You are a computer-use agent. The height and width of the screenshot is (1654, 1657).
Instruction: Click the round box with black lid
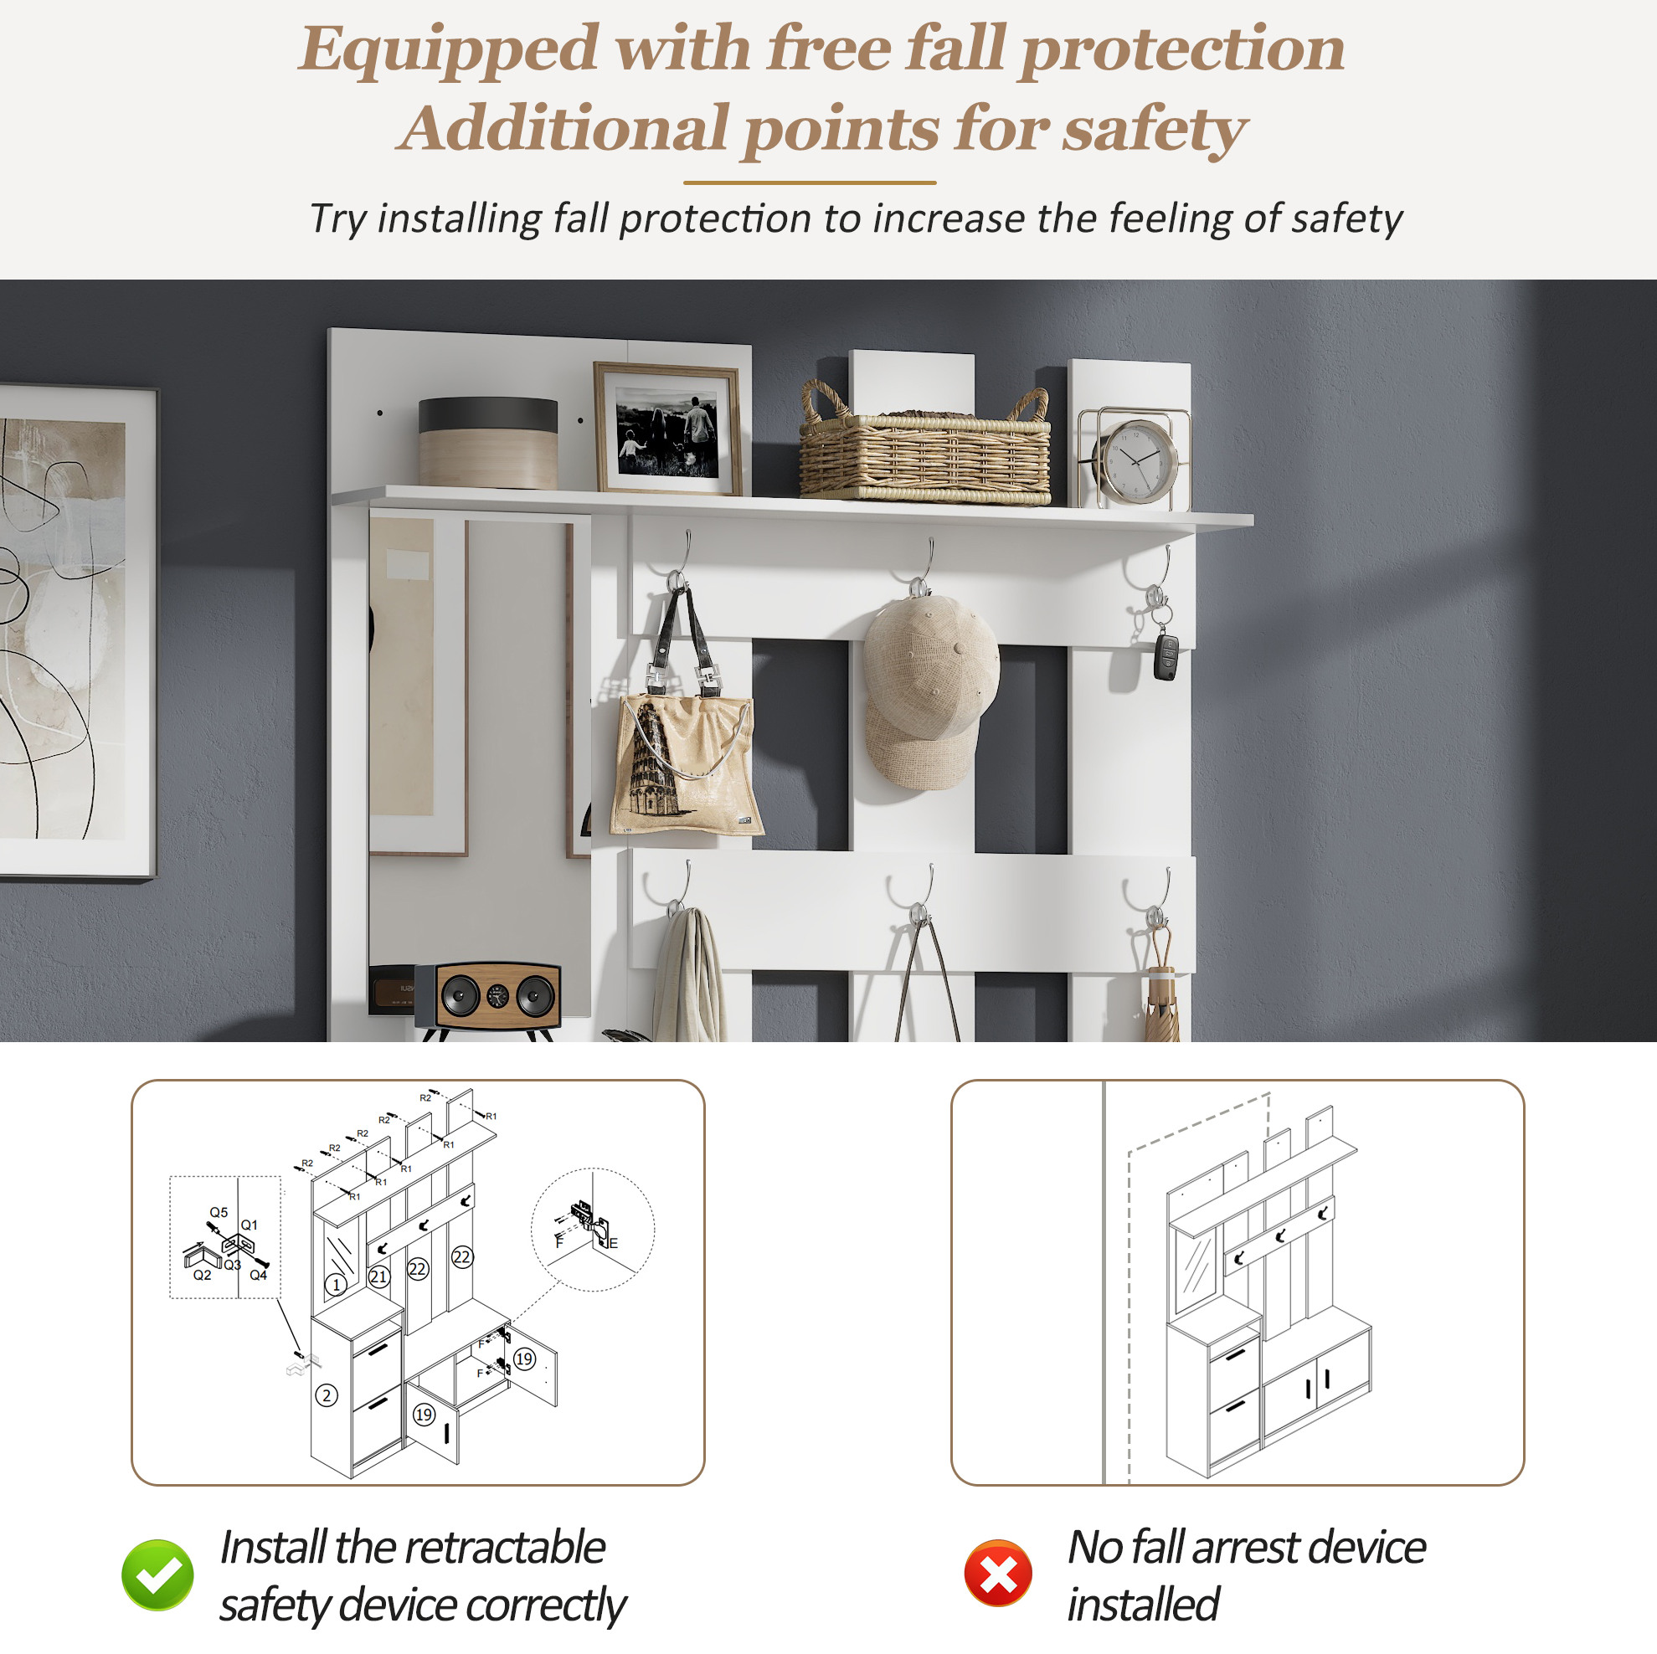[x=488, y=443]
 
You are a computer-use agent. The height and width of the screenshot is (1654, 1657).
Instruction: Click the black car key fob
[x=1166, y=657]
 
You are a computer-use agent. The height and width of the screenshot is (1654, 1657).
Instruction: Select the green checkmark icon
[x=157, y=1574]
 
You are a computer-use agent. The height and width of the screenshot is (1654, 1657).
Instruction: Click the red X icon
[x=997, y=1574]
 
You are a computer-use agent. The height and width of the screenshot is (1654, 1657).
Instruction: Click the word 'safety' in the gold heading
[x=1155, y=130]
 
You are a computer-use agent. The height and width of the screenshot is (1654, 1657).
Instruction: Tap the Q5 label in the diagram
[x=219, y=1212]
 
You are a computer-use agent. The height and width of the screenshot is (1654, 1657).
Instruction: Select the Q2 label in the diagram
[x=203, y=1275]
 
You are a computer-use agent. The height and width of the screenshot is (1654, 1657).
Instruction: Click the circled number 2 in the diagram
[x=327, y=1395]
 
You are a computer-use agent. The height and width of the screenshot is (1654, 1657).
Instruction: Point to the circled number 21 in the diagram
[x=379, y=1276]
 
